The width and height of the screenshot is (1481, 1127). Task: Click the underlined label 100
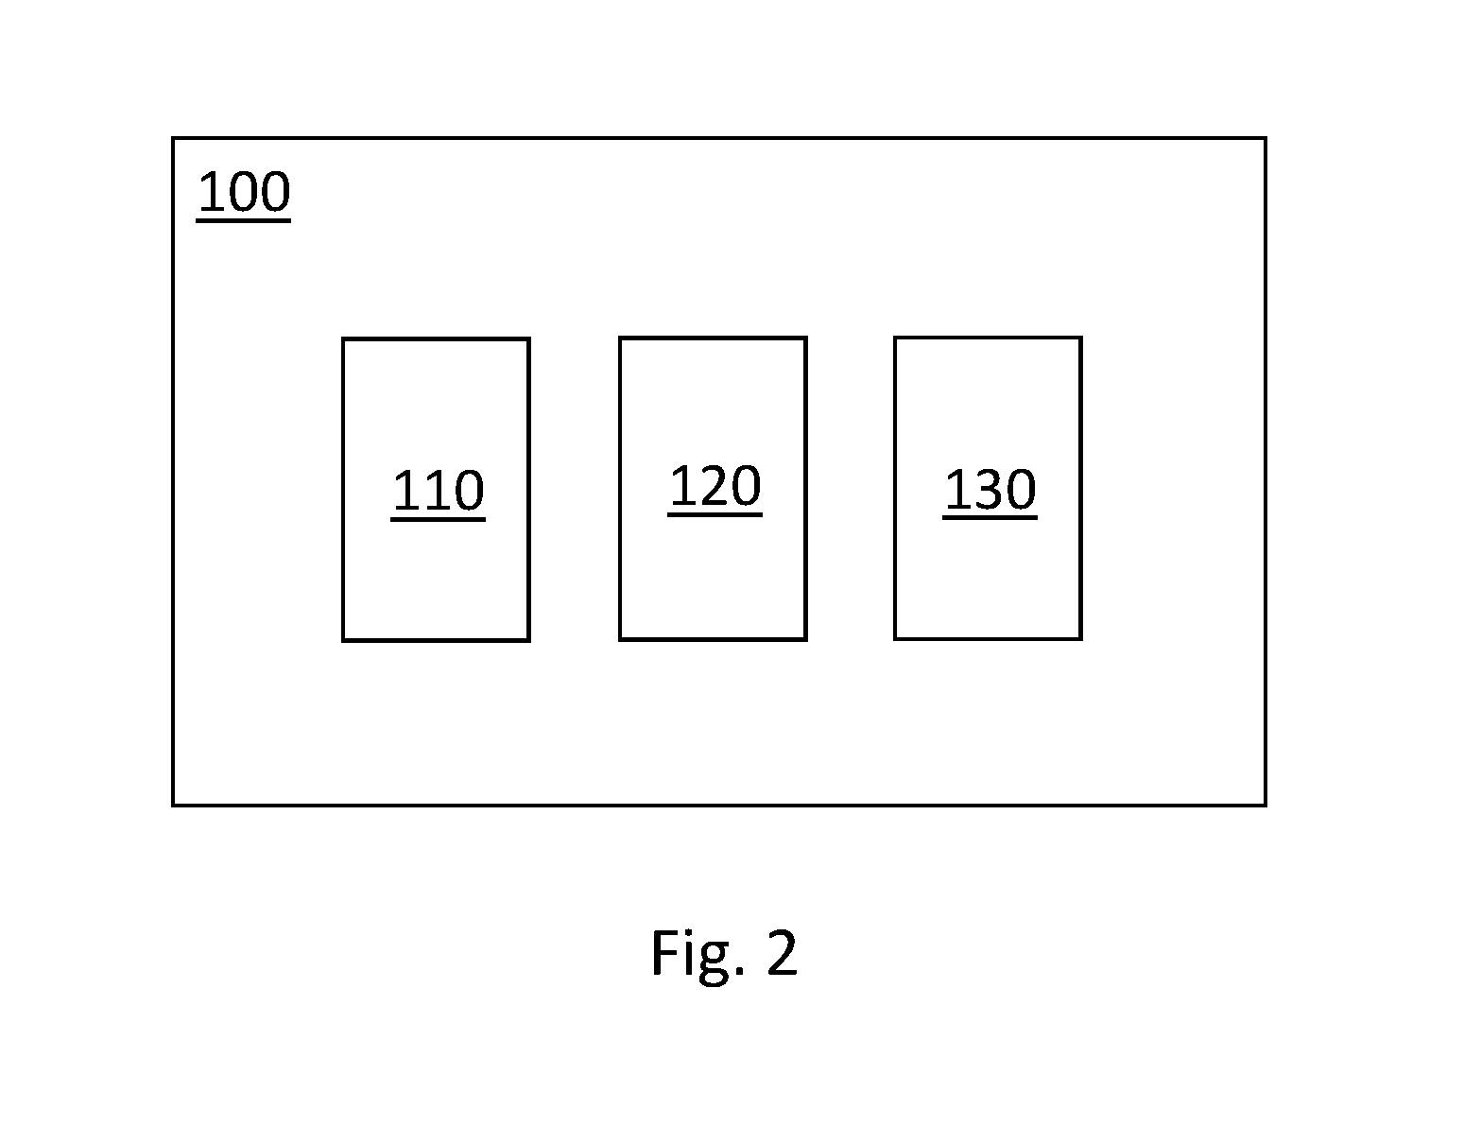click(244, 195)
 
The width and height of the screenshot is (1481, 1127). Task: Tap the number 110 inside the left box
click(438, 494)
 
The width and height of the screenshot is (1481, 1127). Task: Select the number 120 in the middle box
click(715, 489)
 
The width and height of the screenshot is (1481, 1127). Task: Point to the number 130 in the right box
click(990, 492)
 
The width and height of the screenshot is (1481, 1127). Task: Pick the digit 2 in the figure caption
click(783, 951)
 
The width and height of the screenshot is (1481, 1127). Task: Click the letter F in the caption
click(663, 951)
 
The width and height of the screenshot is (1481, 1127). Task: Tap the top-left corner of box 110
click(343, 338)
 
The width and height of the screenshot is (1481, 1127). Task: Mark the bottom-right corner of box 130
click(1081, 638)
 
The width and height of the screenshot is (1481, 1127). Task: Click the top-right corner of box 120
click(805, 338)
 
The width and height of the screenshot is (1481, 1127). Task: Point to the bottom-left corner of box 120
click(620, 639)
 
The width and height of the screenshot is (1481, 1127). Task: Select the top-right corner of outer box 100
click(1266, 138)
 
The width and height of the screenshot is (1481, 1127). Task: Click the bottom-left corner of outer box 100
click(173, 806)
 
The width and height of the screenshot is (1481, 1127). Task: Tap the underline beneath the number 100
click(244, 220)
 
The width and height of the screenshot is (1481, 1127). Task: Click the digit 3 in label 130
click(990, 490)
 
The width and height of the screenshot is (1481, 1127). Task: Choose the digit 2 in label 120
click(715, 485)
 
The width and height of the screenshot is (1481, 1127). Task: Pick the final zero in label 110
click(469, 491)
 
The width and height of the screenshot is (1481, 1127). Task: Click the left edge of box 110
click(343, 489)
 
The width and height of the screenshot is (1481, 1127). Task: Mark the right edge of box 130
click(1081, 488)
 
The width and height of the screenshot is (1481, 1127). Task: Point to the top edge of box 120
click(714, 338)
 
